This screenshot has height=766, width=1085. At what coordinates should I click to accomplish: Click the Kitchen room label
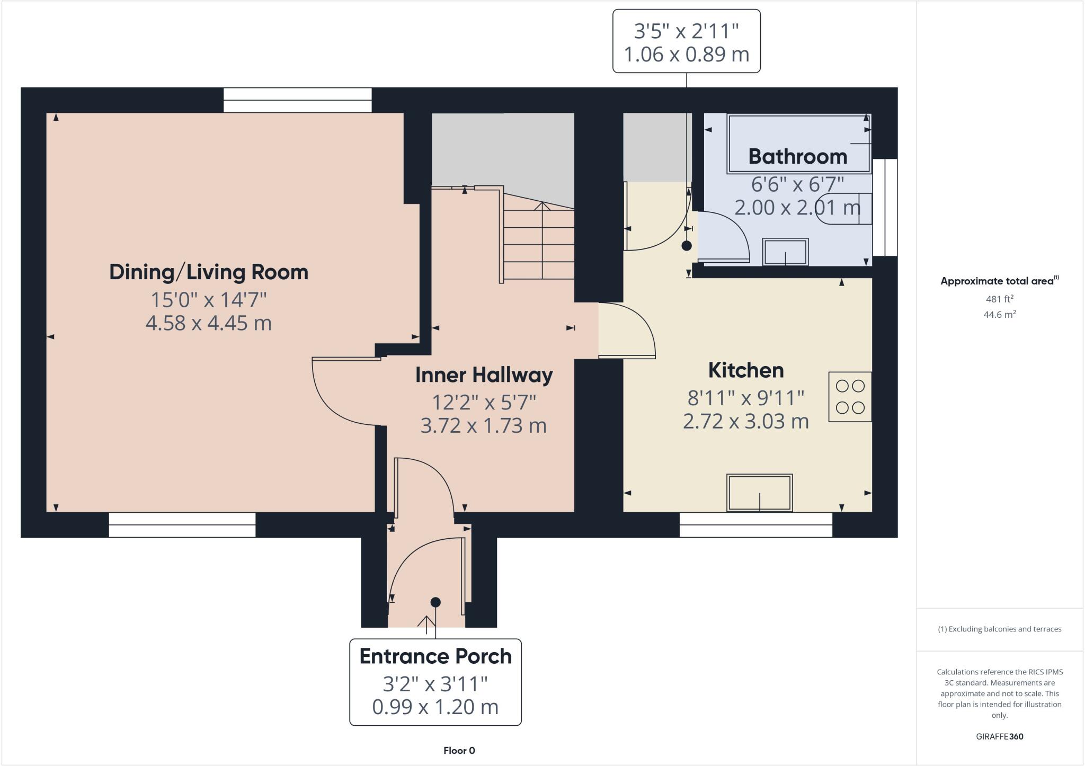click(746, 370)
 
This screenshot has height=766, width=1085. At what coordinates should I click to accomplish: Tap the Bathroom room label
click(797, 156)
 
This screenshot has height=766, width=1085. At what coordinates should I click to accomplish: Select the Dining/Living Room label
click(209, 272)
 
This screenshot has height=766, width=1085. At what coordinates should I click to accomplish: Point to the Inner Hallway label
click(484, 375)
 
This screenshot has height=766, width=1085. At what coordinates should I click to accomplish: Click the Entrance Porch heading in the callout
click(435, 656)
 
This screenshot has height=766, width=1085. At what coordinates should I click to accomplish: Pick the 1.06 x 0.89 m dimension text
click(686, 54)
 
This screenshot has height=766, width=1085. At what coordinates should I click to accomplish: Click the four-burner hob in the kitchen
click(850, 397)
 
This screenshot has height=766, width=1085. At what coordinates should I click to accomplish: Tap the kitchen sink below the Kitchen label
click(760, 493)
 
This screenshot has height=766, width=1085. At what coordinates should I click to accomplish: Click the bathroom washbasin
click(785, 252)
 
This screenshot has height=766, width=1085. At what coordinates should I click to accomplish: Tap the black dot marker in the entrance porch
click(435, 602)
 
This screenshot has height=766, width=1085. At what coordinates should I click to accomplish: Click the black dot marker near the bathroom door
click(687, 246)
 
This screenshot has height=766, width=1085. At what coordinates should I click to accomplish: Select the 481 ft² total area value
click(999, 299)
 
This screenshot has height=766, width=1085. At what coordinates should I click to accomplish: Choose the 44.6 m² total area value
click(999, 315)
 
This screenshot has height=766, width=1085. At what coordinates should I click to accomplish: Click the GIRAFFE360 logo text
click(999, 736)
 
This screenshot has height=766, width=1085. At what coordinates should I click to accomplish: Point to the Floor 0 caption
click(459, 751)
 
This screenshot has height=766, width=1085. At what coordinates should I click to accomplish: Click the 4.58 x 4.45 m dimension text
click(209, 323)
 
